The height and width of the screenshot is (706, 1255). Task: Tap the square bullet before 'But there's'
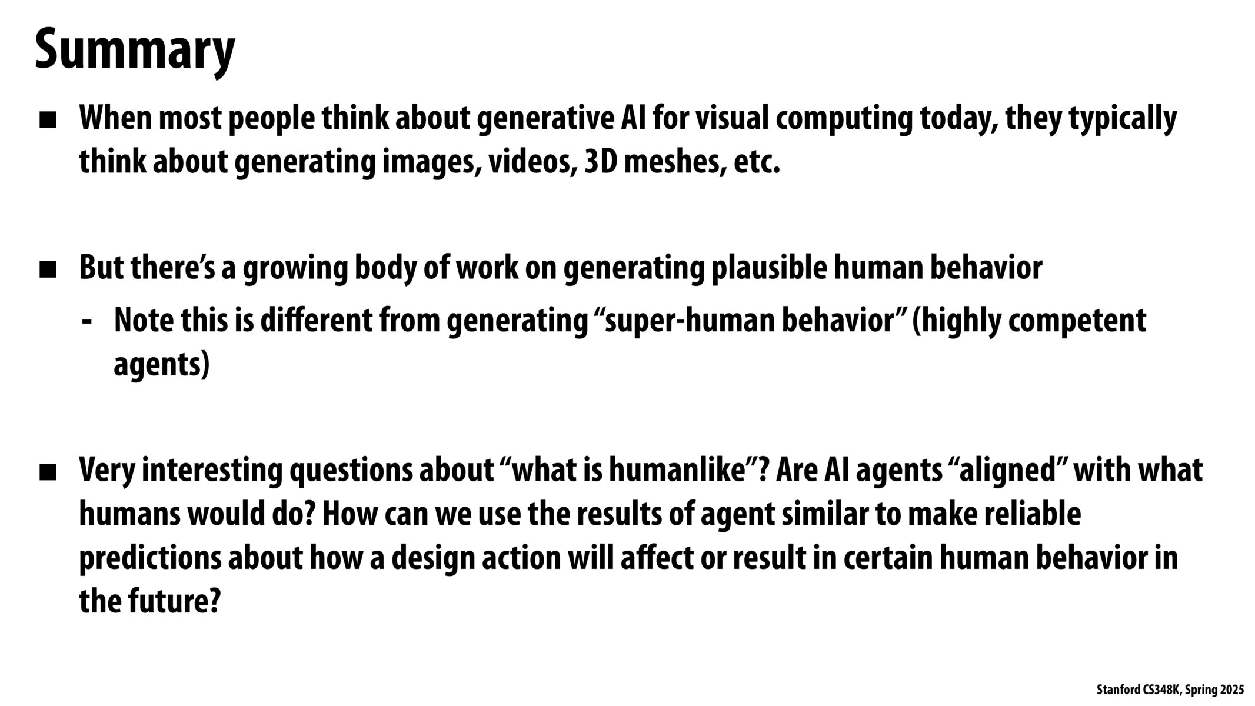point(48,270)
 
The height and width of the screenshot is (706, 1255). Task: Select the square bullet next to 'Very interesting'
point(48,472)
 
